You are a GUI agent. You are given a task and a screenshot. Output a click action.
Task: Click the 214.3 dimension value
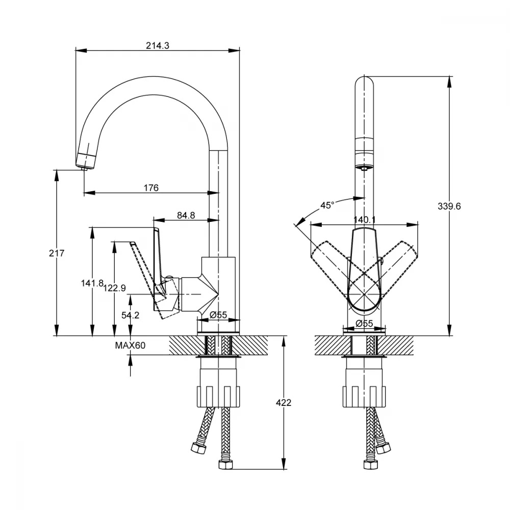[x=158, y=45]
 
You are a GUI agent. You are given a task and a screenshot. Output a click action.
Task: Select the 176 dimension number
[x=151, y=188]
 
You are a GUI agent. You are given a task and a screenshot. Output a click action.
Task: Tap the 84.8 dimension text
[x=186, y=215]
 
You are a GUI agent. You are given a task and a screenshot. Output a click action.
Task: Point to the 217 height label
[x=57, y=253]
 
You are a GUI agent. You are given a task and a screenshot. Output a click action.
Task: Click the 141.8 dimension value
[x=92, y=283]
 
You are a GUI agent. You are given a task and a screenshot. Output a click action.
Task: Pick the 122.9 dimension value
[x=114, y=288]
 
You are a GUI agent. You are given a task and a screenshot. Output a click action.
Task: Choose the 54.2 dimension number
[x=130, y=315]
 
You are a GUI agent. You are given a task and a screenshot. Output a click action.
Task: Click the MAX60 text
[x=130, y=345]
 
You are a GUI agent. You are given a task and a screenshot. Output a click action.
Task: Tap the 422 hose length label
[x=283, y=403]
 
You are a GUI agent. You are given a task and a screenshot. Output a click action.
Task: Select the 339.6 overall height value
[x=449, y=206]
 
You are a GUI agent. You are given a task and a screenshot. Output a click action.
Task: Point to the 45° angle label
[x=327, y=205]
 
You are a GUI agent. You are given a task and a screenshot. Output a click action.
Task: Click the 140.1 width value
[x=364, y=220]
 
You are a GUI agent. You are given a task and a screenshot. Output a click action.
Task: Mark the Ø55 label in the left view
[x=218, y=315]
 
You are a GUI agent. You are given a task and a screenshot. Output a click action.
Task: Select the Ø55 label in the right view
[x=364, y=323]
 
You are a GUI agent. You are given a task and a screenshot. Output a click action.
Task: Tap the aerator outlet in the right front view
[x=364, y=167]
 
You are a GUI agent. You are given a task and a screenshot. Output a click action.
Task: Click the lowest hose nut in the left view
[x=225, y=464]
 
